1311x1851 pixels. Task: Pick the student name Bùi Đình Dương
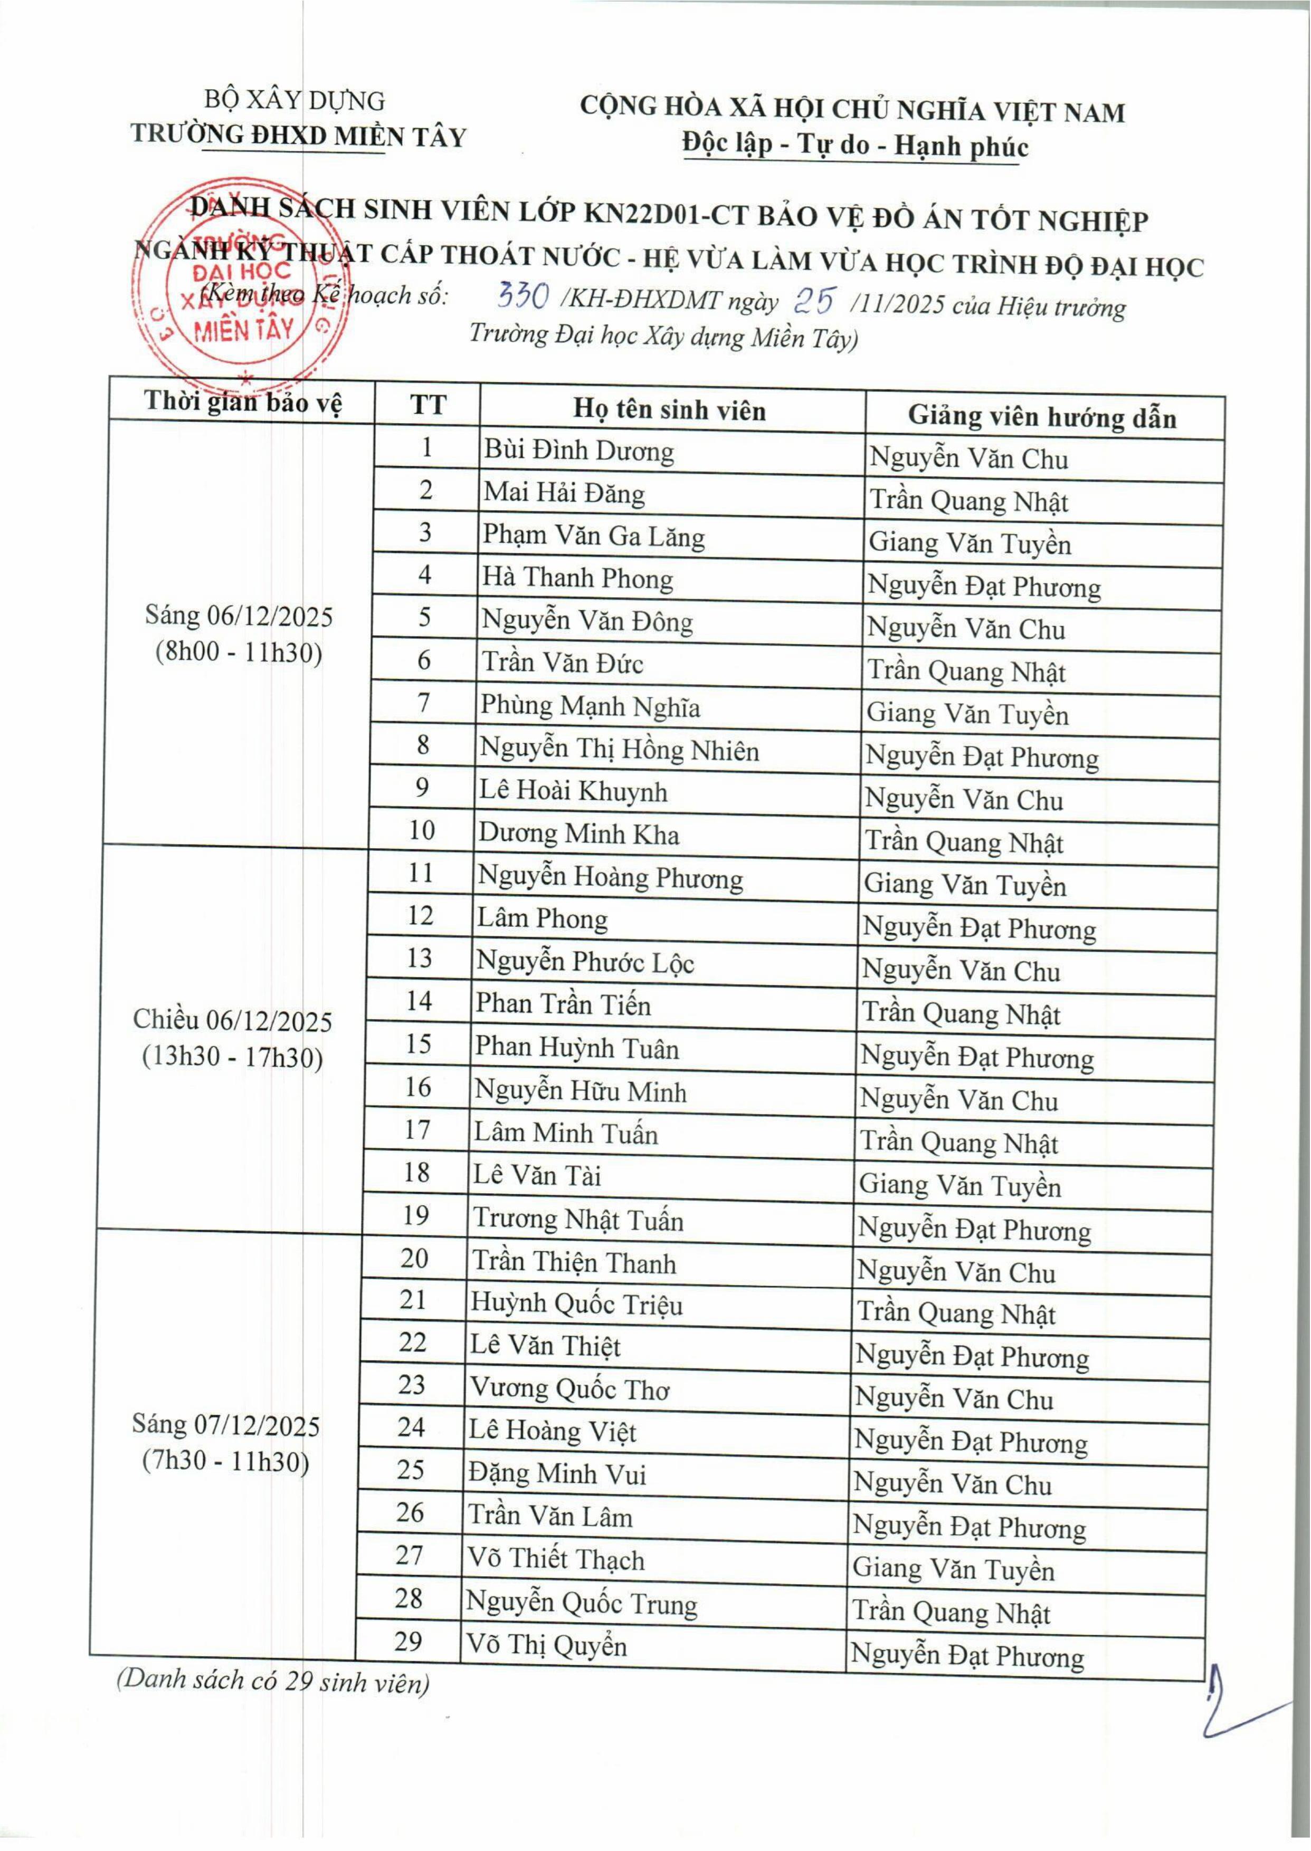coord(578,451)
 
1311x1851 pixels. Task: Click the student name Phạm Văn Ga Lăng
coord(593,536)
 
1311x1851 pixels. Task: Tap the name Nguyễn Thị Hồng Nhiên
coord(619,751)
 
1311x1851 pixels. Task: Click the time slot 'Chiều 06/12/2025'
coord(233,1021)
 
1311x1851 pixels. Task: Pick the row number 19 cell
coord(416,1215)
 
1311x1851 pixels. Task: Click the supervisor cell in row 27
coord(953,1569)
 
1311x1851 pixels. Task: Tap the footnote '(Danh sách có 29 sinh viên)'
coord(273,1682)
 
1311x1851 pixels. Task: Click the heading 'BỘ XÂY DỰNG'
coord(294,101)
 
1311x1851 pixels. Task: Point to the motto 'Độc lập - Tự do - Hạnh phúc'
coord(855,146)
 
